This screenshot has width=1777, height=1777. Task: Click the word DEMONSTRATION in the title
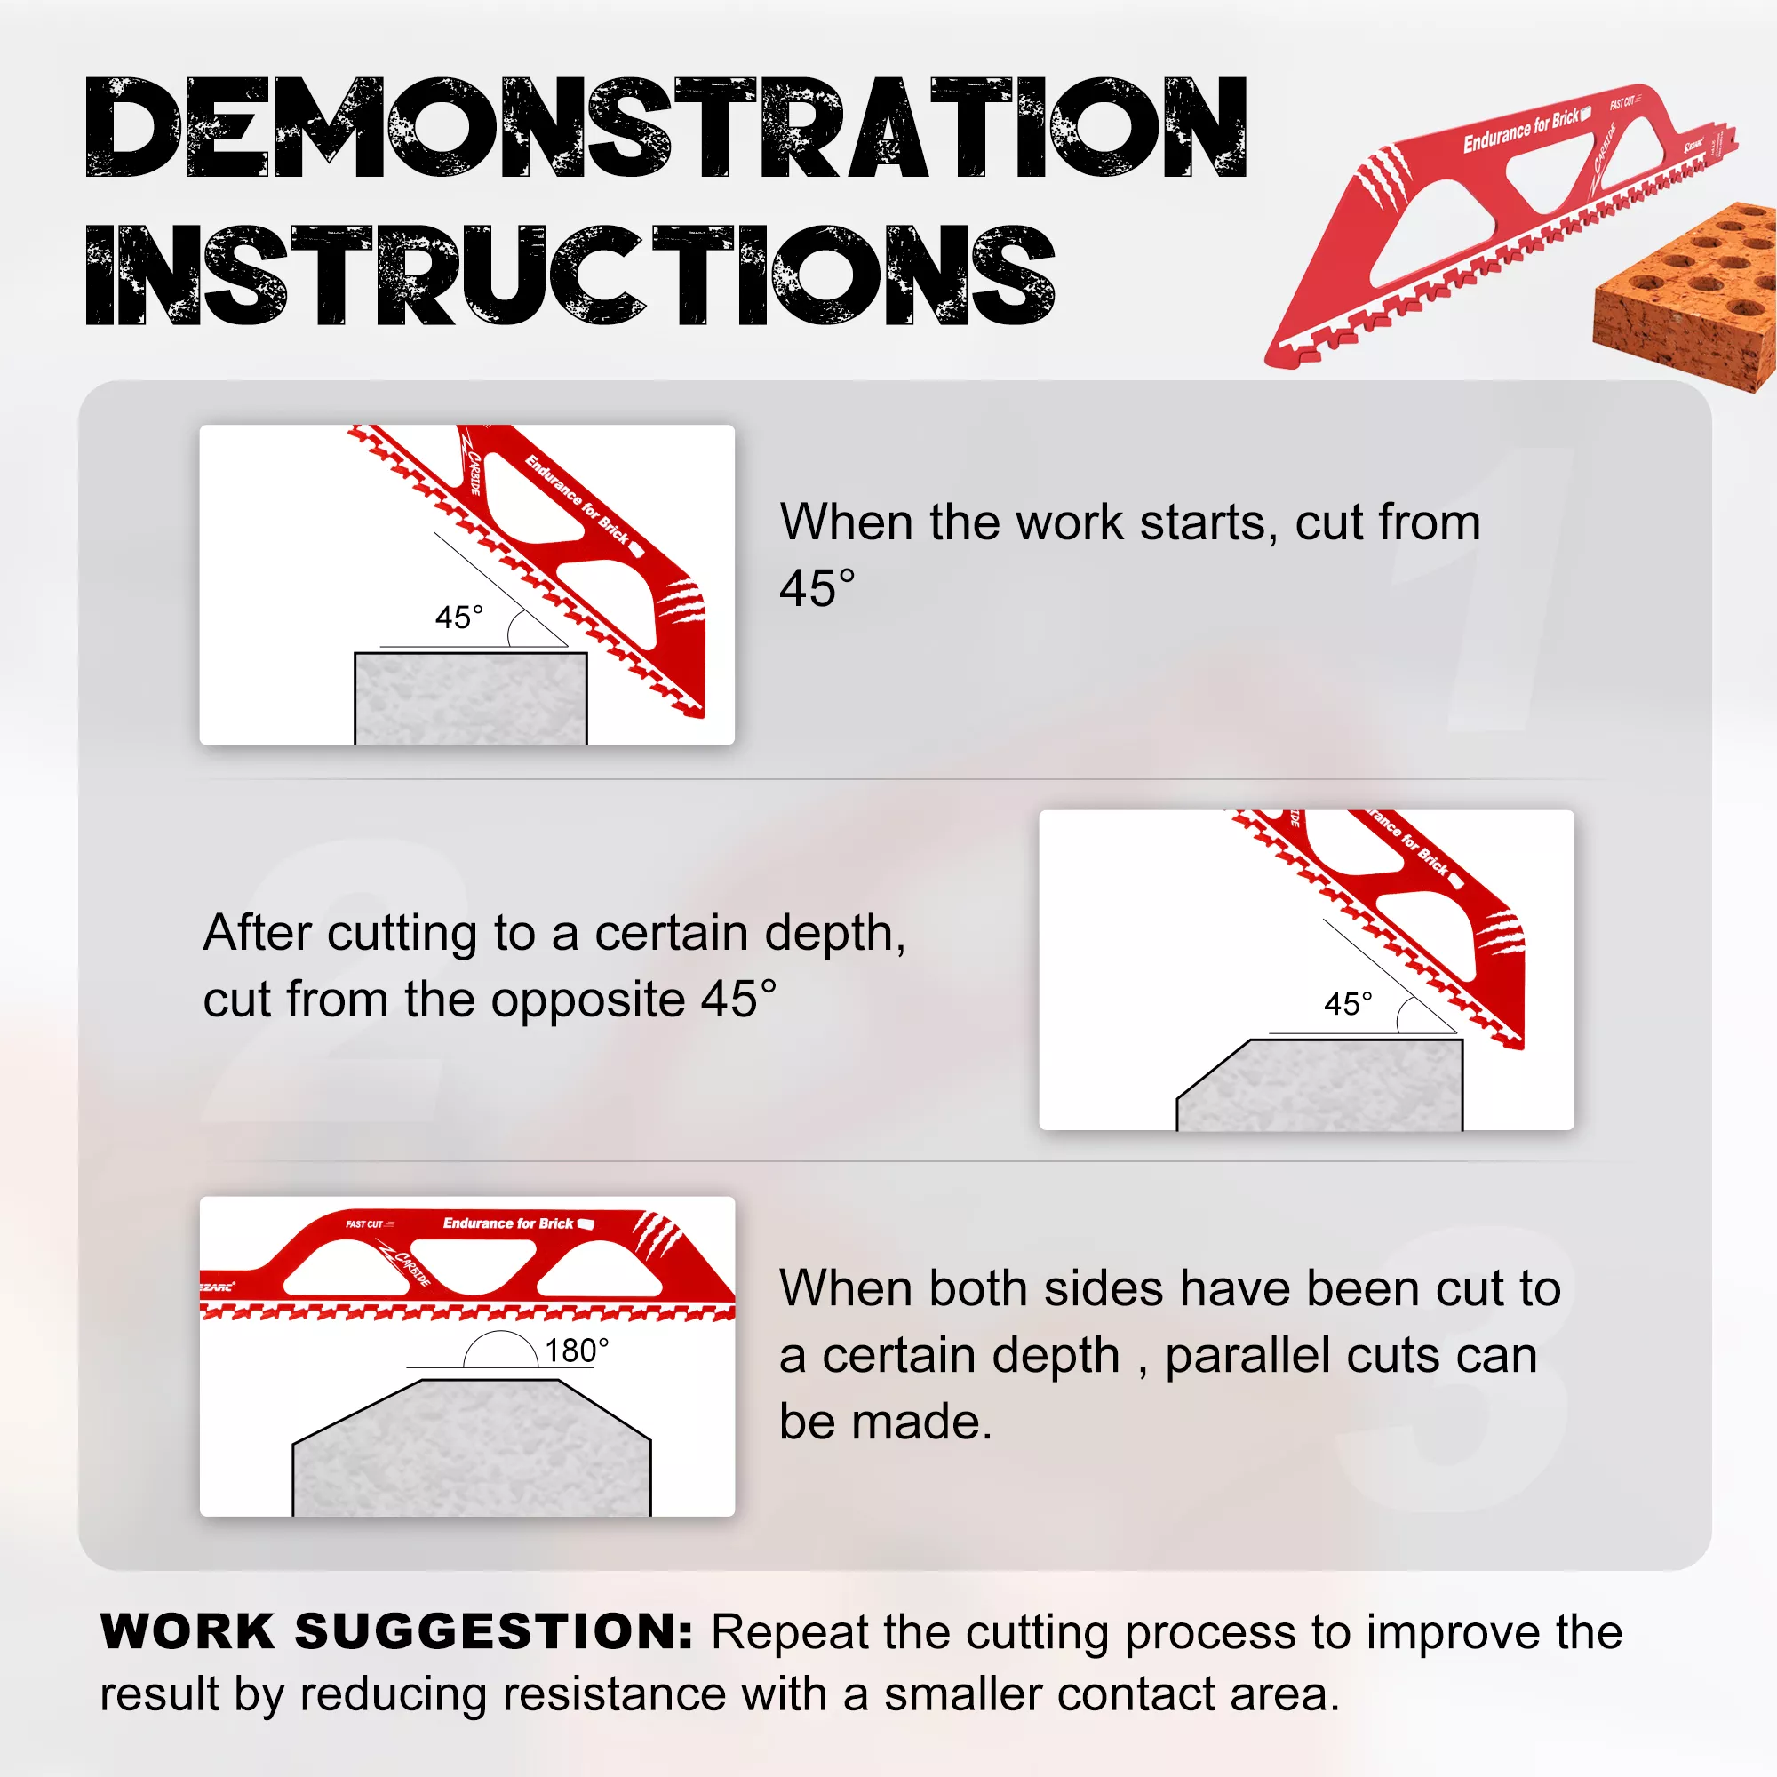665,127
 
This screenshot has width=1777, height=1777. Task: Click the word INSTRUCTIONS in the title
570,275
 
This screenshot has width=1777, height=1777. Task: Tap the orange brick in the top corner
1685,296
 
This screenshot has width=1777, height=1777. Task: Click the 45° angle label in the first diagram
459,618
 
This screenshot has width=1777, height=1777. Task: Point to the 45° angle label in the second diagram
1349,1003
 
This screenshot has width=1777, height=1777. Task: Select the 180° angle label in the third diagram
577,1351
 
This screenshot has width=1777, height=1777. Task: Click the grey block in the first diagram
471,699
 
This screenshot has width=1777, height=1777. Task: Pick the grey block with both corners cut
472,1447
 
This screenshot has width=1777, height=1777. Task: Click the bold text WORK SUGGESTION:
396,1631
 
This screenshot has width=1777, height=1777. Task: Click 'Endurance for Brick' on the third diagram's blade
507,1223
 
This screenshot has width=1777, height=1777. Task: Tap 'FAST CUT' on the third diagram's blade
364,1224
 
